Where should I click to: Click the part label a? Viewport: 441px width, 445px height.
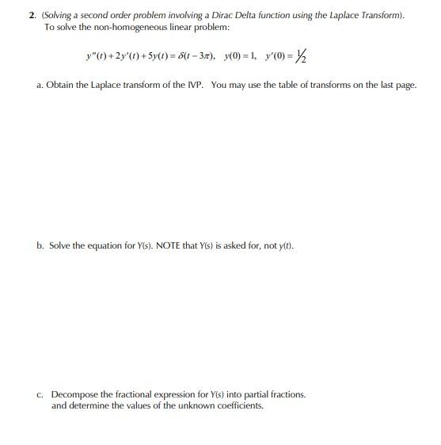coord(40,85)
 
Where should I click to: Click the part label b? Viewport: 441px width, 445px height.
coord(40,245)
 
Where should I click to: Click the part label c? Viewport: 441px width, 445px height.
coord(40,394)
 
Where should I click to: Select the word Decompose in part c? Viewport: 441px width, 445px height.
coord(76,394)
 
